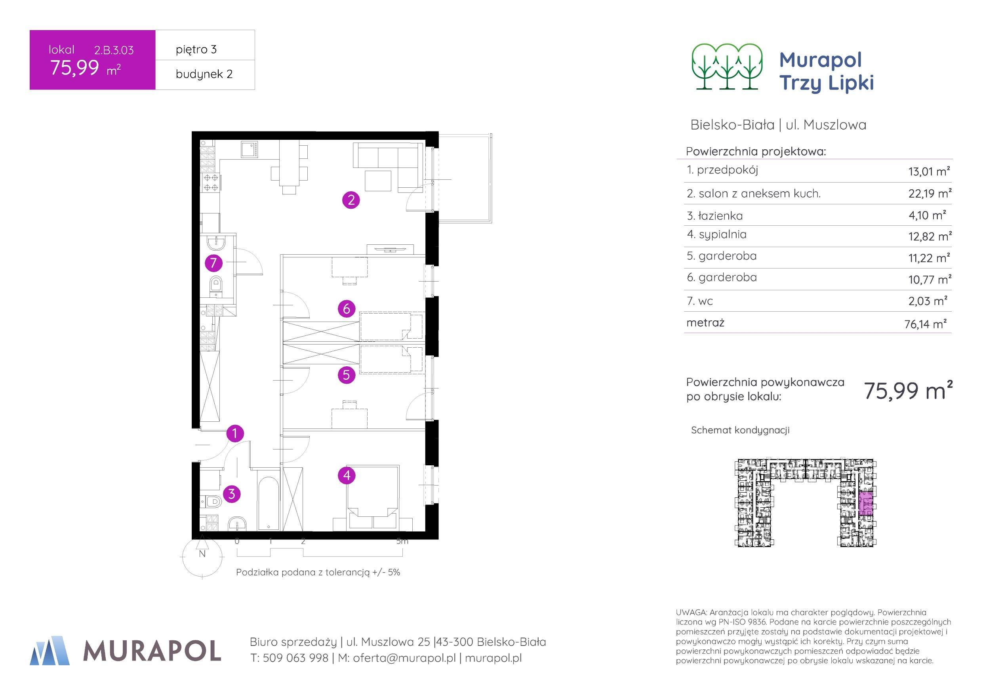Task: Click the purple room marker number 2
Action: tap(351, 200)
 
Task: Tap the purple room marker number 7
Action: tap(213, 263)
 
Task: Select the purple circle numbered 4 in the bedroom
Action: tap(347, 475)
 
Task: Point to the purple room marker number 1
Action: tap(234, 433)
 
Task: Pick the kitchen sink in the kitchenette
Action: tap(249, 150)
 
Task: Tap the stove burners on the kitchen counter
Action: tap(211, 183)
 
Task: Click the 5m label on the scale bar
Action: tap(402, 541)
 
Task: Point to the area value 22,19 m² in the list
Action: tap(930, 194)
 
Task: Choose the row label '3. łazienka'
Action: tap(714, 216)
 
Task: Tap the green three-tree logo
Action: tap(727, 67)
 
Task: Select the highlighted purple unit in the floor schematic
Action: tap(866, 506)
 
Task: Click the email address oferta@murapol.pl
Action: tap(404, 658)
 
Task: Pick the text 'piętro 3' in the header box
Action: tap(196, 50)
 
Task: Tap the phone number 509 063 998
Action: tap(295, 658)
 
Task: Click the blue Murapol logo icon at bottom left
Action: tap(50, 651)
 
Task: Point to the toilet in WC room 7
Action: tap(216, 284)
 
